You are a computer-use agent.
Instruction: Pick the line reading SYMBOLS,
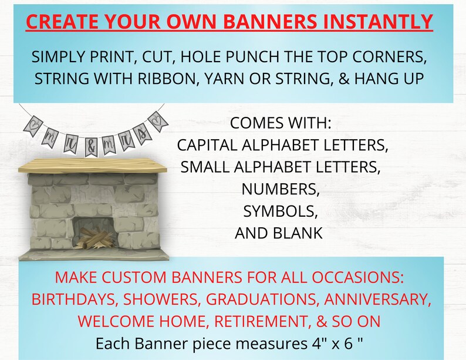tap(279, 210)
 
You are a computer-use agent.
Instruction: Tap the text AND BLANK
tap(279, 233)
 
